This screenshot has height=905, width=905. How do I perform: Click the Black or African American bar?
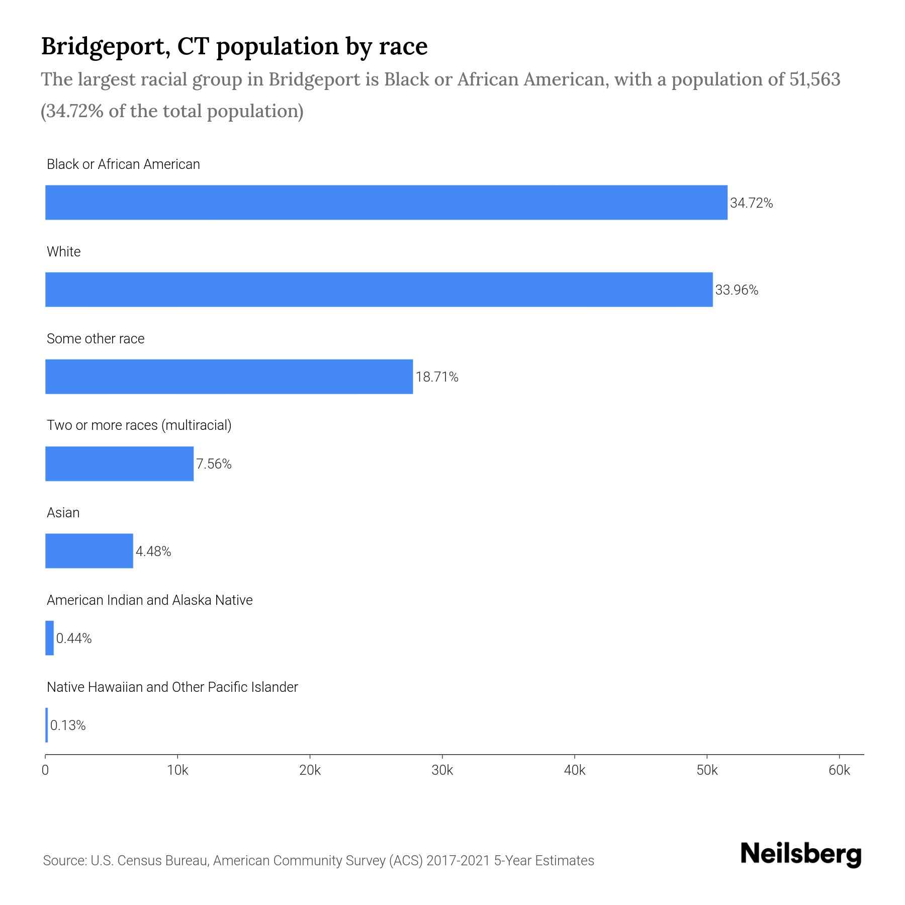tap(386, 202)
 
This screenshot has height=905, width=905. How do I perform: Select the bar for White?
tap(379, 290)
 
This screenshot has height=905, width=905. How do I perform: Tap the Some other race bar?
tap(229, 377)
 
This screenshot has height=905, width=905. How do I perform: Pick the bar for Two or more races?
tap(119, 464)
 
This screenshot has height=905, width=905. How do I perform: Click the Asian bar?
tap(89, 551)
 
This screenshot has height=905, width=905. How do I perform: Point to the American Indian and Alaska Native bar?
tap(49, 638)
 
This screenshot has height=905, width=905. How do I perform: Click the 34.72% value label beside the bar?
tap(751, 203)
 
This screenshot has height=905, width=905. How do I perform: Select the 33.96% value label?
tap(737, 290)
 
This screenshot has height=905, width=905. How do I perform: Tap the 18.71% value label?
tap(436, 377)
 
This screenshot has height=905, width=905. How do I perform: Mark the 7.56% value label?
tap(214, 464)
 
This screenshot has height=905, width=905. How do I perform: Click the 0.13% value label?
tap(68, 726)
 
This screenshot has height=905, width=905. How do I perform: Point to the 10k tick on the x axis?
tap(177, 771)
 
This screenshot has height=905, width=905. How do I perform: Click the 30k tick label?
tap(442, 771)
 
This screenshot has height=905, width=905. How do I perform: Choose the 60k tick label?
tap(839, 771)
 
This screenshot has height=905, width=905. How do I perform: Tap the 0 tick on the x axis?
tap(45, 771)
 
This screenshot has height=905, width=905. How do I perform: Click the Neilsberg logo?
tap(800, 854)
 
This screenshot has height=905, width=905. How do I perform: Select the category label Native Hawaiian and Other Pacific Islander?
tap(172, 687)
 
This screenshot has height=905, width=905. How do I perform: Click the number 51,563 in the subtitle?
tap(814, 79)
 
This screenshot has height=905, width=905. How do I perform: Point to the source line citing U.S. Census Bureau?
tap(318, 861)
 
